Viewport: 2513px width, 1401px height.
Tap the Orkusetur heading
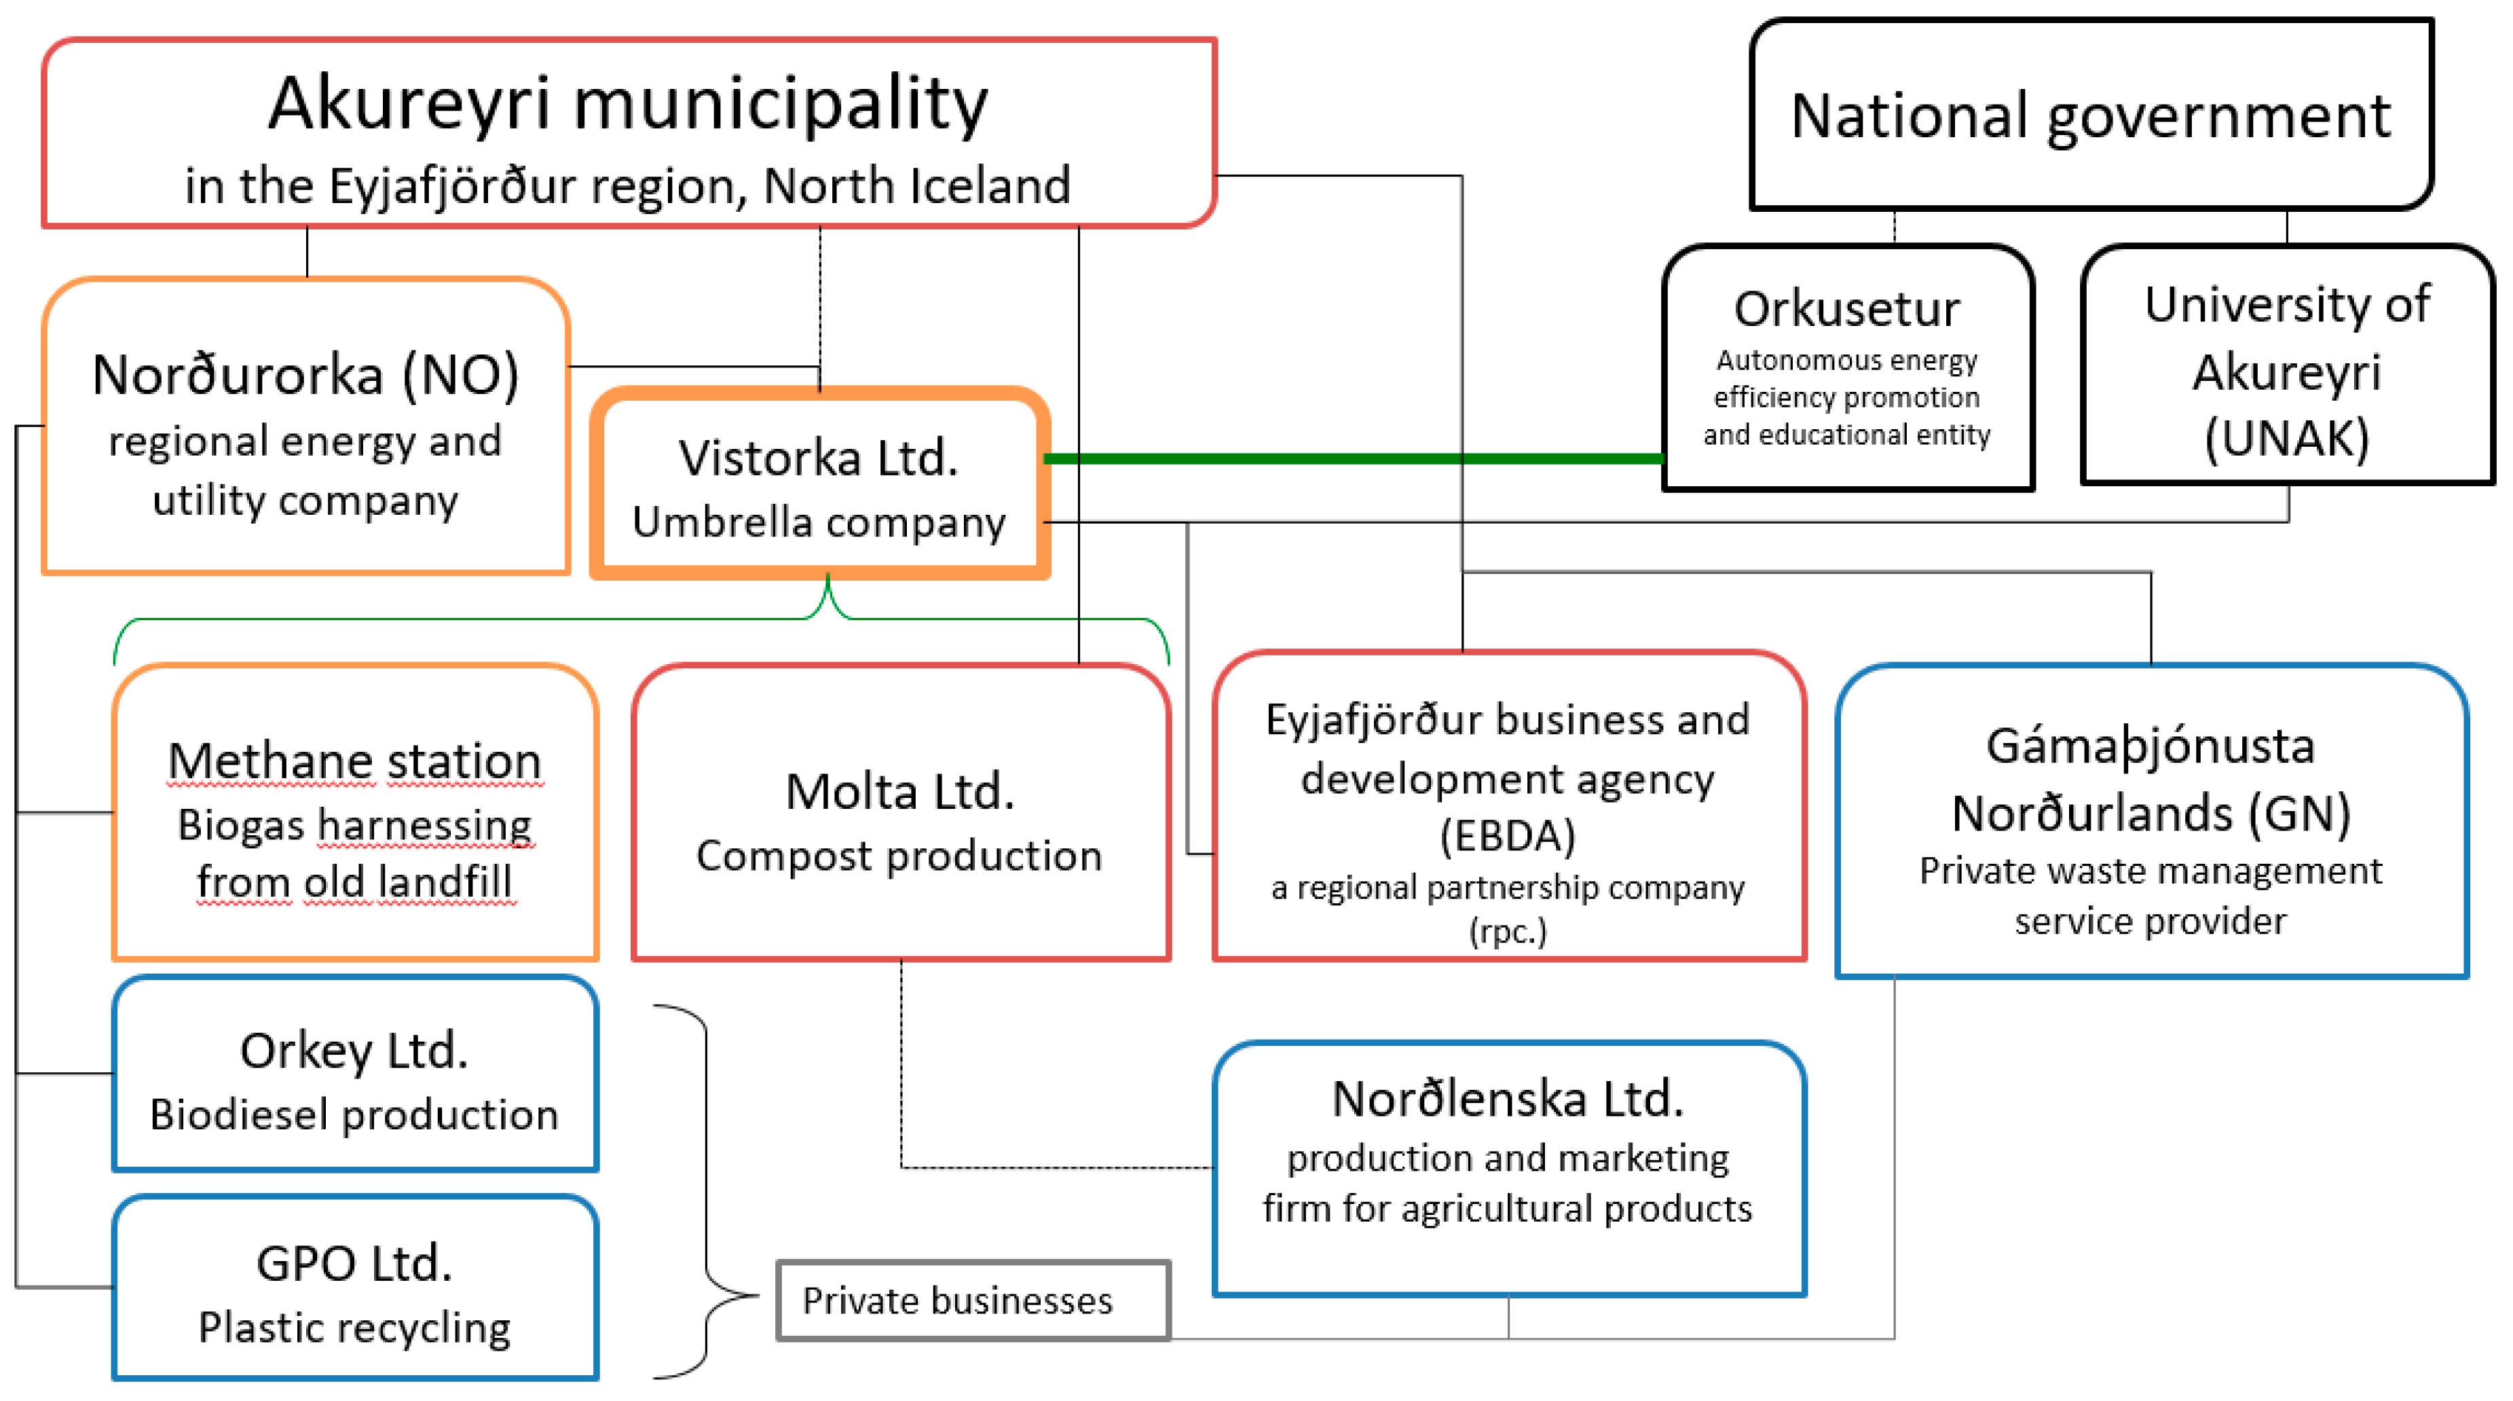[x=1846, y=308]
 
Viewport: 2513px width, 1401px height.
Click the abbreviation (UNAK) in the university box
[x=2287, y=437]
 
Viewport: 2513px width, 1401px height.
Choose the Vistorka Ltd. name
[x=819, y=458]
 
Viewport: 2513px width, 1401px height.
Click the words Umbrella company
[x=819, y=522]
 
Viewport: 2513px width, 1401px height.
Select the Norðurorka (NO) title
[x=305, y=375]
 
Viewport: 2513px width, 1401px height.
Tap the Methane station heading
[x=354, y=761]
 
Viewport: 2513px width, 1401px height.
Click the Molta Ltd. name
[x=899, y=791]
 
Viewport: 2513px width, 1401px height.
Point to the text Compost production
[x=899, y=856]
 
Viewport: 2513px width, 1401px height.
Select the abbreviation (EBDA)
[x=1507, y=836]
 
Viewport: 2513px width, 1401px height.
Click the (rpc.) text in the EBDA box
[x=1507, y=931]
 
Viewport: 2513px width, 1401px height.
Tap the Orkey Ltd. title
[x=354, y=1051]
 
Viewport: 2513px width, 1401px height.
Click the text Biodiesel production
[x=354, y=1114]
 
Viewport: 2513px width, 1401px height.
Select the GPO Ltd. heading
[x=354, y=1262]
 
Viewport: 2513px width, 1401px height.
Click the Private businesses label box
[x=973, y=1300]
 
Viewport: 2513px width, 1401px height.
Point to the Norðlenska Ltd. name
[x=1507, y=1099]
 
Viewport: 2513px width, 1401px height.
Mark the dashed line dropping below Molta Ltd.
[x=900, y=1063]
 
